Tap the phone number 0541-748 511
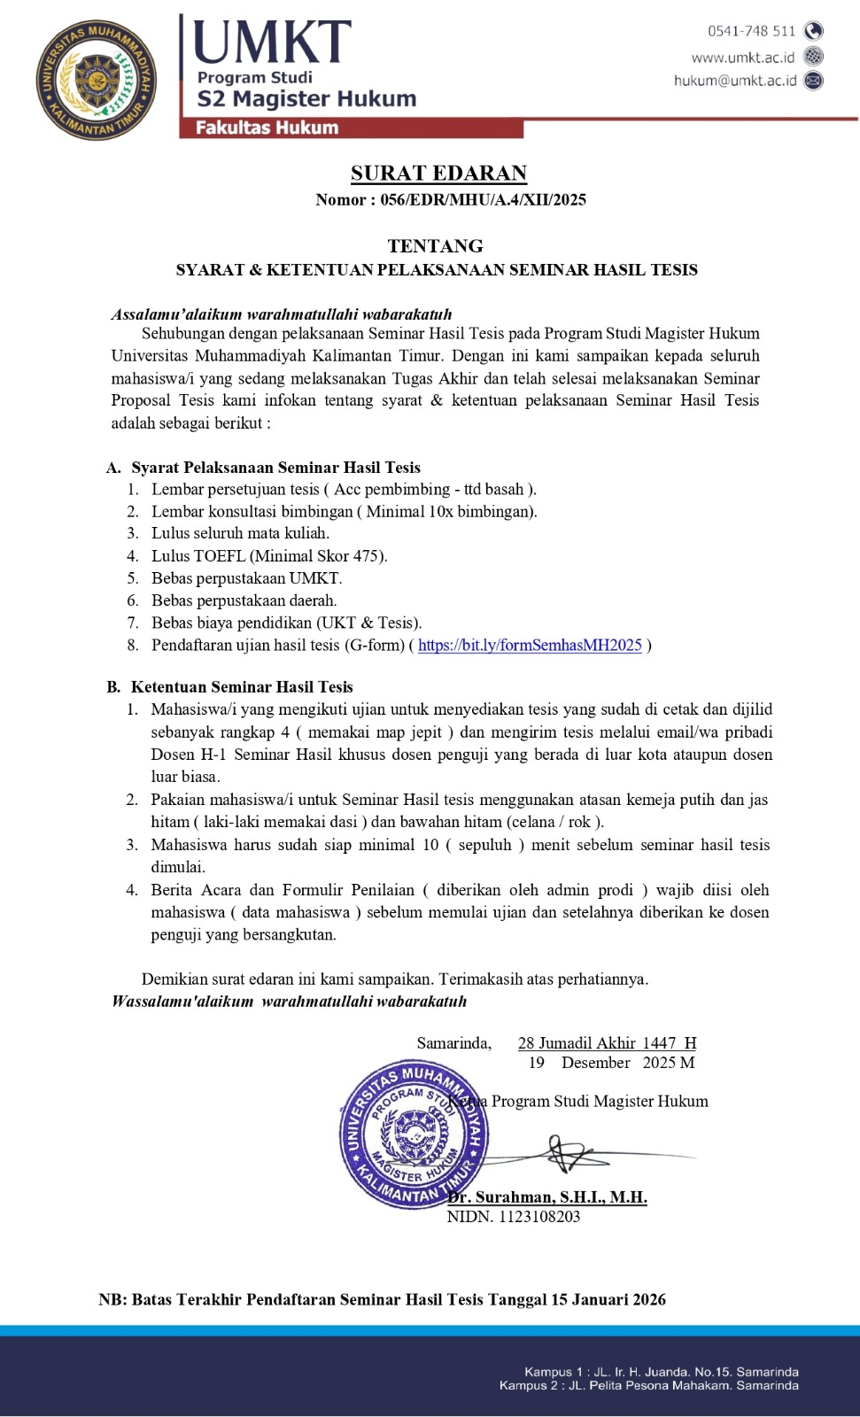point(751,31)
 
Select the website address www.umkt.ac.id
point(742,57)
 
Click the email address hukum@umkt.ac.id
point(734,81)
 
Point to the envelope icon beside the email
point(813,81)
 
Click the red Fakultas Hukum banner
point(352,128)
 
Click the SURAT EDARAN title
point(438,173)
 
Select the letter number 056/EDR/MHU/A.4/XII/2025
point(483,199)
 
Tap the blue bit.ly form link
point(530,645)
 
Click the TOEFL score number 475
point(367,556)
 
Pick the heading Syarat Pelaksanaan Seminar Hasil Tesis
point(275,468)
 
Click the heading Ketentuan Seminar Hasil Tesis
point(242,686)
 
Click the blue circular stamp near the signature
point(414,1134)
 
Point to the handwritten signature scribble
point(571,1154)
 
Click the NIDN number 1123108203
point(538,1217)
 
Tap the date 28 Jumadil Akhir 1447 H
point(607,1043)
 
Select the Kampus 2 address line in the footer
point(648,1386)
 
